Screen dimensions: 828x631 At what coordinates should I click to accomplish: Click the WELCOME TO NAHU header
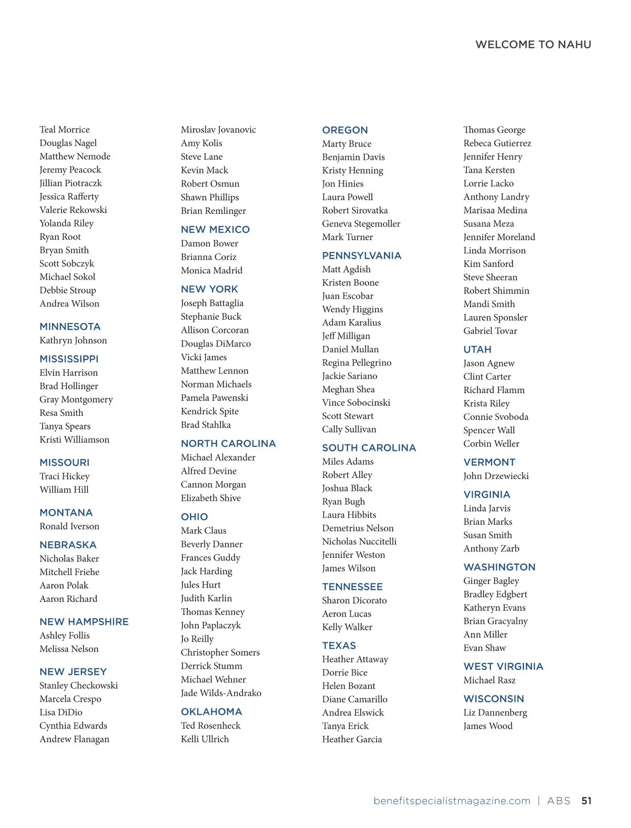point(533,45)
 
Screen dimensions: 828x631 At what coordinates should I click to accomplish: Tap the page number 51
point(586,801)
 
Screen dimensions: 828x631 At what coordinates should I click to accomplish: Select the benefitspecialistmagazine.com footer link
point(452,801)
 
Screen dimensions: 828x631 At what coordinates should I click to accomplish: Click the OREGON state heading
point(345,130)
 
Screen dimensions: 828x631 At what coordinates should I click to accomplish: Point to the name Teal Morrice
point(65,129)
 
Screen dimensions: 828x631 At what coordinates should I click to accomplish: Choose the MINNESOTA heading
point(70,326)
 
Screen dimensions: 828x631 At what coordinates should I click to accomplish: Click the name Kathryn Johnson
point(73,340)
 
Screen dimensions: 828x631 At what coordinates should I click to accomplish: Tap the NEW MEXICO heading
point(215,229)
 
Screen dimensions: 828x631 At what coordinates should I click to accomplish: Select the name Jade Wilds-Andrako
point(221,693)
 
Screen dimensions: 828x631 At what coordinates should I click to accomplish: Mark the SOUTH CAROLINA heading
point(369,447)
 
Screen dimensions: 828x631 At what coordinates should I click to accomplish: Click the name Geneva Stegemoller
point(361,223)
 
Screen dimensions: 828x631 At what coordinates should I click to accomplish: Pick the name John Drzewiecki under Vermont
point(496,476)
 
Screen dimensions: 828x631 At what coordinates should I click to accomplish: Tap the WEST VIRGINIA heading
point(503,666)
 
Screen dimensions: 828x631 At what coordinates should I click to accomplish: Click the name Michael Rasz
point(489,680)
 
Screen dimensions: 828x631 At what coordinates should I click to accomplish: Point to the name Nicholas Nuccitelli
point(359,541)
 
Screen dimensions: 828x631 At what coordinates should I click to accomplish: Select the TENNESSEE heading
point(352,587)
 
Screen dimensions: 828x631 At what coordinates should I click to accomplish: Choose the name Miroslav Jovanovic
point(218,129)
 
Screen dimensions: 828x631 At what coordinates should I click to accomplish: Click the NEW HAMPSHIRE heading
point(84,621)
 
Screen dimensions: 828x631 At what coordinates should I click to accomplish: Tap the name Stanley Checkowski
point(78,685)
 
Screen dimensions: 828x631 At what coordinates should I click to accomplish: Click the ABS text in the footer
point(558,801)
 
